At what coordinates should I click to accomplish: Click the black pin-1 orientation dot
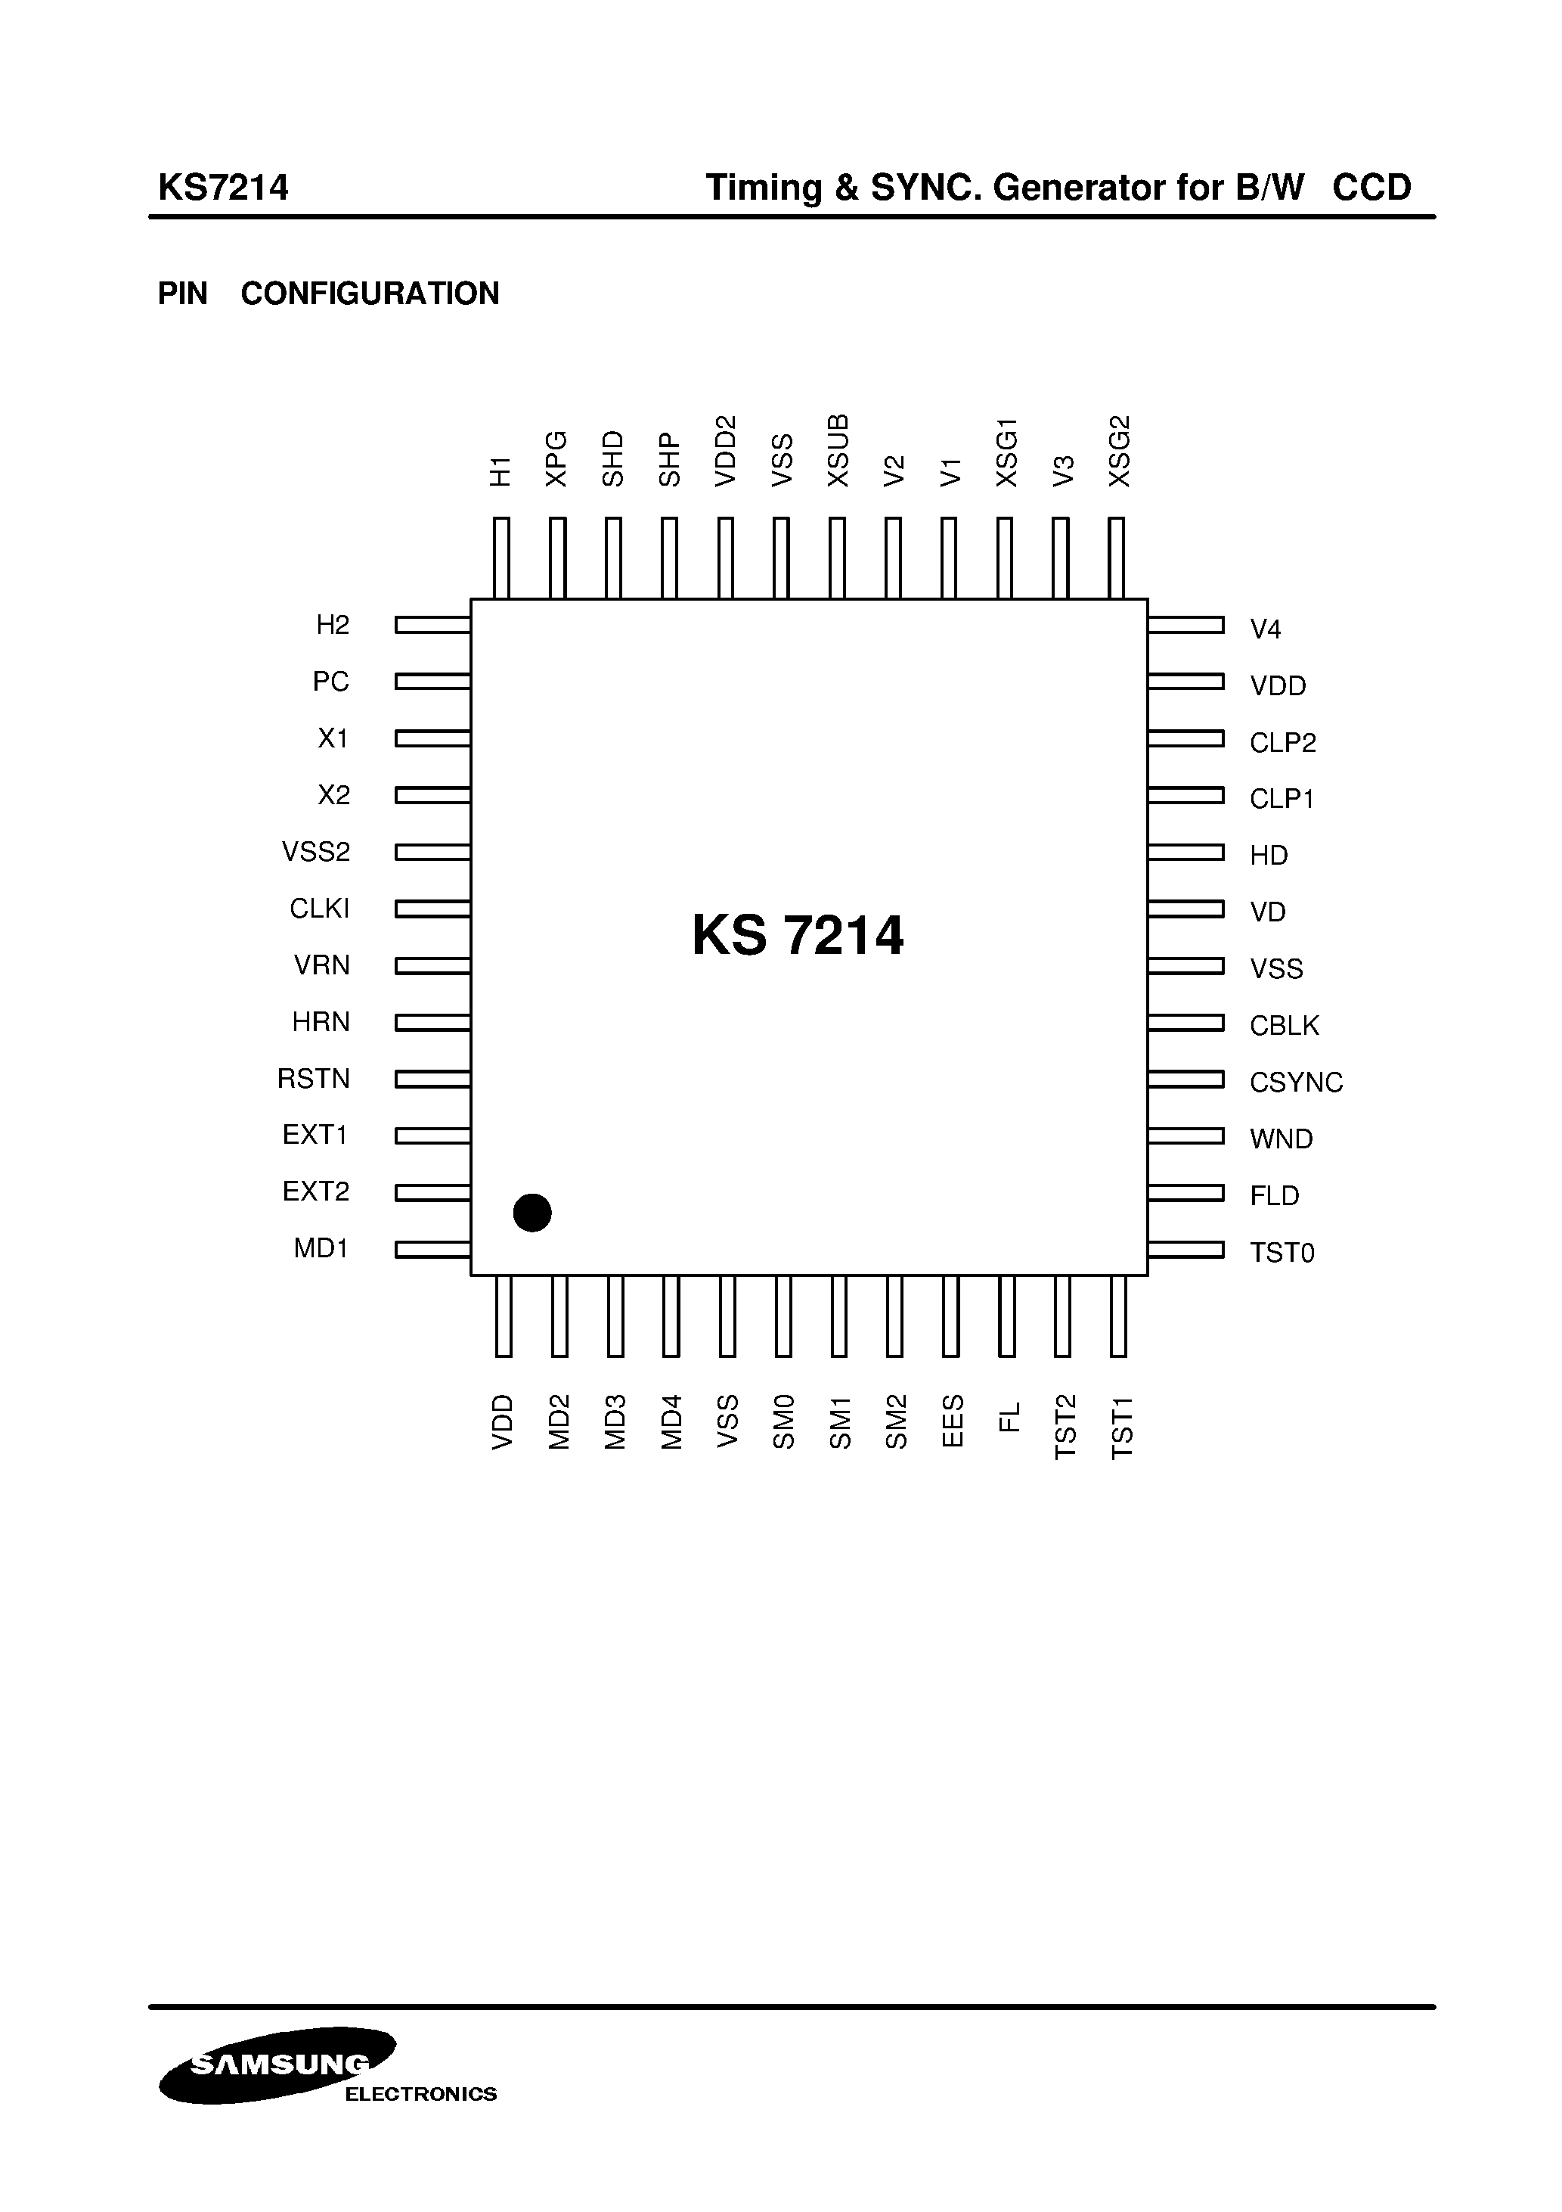532,1212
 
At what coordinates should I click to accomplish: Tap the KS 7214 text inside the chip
798,936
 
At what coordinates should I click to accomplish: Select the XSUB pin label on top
838,450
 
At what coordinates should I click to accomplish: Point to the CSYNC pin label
1295,1083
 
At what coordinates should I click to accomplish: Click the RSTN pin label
313,1079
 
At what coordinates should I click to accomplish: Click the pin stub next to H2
432,626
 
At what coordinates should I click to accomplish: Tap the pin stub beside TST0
1185,1250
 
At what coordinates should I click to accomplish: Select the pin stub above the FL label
1007,1316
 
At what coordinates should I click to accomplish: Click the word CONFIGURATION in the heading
370,294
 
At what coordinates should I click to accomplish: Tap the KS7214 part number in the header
224,187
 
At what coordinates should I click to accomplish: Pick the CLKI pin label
319,909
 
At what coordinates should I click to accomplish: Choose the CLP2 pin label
1282,743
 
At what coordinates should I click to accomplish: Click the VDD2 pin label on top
725,450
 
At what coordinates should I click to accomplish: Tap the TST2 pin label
1064,1427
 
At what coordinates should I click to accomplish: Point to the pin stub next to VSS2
432,853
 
